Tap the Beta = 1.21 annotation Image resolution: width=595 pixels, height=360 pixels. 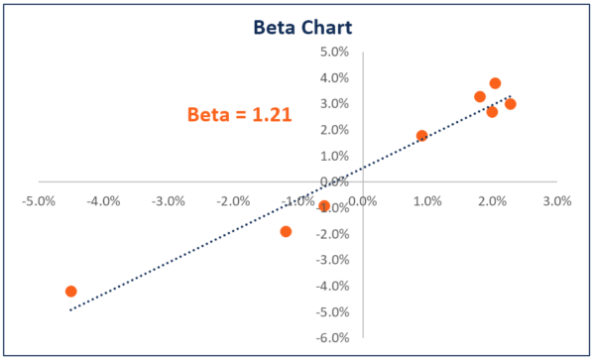click(239, 114)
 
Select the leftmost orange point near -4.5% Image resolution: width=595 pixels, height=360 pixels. click(70, 292)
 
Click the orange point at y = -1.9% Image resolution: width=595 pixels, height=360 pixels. click(286, 231)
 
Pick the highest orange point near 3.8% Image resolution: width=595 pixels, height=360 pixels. click(495, 83)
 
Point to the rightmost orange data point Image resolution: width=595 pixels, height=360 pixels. click(510, 104)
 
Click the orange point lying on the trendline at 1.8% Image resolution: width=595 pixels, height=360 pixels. click(421, 136)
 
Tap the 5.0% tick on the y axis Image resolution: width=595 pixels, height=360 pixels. click(335, 52)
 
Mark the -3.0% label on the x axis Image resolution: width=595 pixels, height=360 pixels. click(168, 200)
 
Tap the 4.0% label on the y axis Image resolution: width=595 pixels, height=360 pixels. click(335, 77)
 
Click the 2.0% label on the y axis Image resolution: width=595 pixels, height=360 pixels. click(335, 130)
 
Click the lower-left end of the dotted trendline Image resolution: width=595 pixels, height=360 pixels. click(69, 310)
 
